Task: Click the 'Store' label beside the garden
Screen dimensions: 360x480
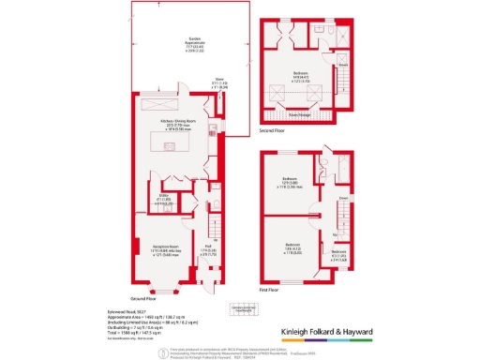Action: click(x=217, y=82)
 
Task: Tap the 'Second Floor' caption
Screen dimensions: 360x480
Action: click(x=272, y=132)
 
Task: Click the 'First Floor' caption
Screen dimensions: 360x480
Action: click(x=273, y=292)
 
